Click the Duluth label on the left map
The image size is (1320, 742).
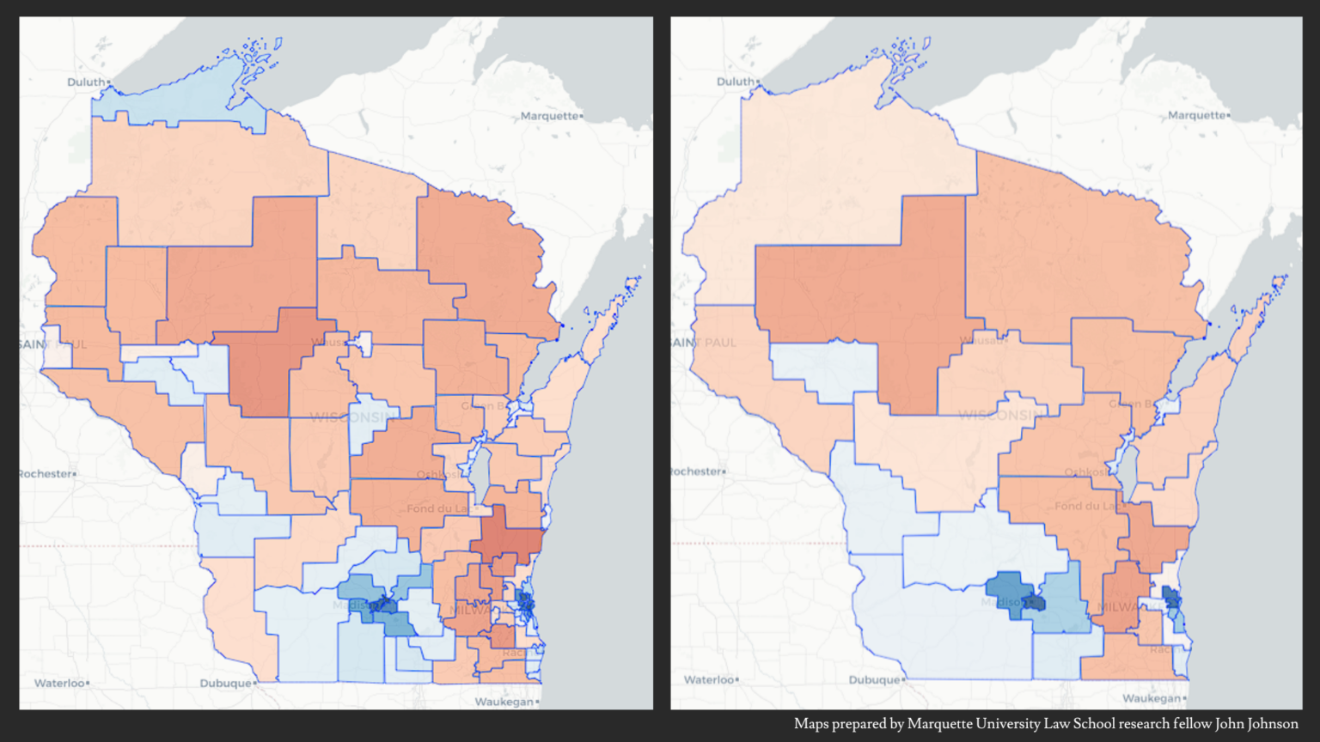pos(86,82)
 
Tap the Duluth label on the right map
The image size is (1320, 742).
pos(736,82)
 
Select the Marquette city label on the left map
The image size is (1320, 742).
pos(550,116)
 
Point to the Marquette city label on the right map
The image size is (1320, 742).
pos(1197,115)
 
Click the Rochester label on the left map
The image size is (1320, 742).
pos(46,474)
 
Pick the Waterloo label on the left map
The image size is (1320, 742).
pos(60,684)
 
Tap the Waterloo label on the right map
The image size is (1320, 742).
pos(710,680)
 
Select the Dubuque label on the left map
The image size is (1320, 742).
pos(226,684)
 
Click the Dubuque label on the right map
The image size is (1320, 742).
pos(875,680)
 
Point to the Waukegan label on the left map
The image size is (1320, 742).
pos(504,702)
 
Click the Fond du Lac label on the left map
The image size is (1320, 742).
pos(438,508)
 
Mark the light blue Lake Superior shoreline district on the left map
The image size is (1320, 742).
pos(172,101)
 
